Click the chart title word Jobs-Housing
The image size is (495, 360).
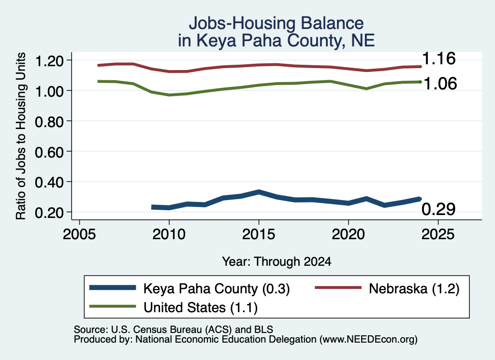[242, 23]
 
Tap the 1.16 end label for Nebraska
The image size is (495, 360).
[438, 58]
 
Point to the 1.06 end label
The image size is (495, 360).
[440, 84]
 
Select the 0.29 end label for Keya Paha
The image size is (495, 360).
[438, 209]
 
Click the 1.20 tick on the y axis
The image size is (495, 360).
[49, 61]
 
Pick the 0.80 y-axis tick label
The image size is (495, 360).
[49, 122]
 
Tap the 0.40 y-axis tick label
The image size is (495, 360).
[49, 182]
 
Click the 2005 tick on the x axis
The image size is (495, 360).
[79, 234]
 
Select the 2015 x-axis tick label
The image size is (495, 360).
[259, 234]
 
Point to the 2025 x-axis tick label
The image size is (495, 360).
[438, 234]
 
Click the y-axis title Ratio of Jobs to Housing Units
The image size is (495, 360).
[21, 136]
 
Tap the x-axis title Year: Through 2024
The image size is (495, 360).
[277, 261]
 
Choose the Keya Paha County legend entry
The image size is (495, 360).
[189, 288]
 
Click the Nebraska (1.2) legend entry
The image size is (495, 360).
[387, 288]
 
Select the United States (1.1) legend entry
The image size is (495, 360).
[174, 307]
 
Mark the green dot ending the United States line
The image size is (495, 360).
[420, 82]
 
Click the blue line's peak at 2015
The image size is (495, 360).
[259, 192]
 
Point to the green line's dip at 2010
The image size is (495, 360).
[169, 95]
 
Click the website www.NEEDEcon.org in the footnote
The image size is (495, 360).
[368, 340]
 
